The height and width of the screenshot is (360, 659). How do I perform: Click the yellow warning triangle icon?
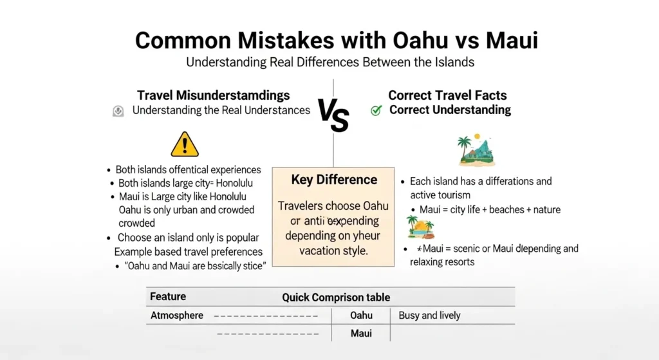[185, 144]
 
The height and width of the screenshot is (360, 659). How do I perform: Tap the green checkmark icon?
[376, 110]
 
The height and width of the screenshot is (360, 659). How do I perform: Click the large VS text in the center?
[333, 117]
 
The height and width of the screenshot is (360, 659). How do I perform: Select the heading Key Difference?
[334, 180]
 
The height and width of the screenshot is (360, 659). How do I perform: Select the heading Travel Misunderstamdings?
[214, 95]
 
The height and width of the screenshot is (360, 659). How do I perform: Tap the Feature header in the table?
[168, 297]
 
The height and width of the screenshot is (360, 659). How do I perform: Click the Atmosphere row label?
[177, 316]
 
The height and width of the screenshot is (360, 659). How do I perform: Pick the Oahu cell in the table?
[362, 316]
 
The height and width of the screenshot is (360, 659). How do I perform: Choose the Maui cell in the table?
[362, 334]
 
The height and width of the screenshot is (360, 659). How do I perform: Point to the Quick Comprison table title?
[336, 298]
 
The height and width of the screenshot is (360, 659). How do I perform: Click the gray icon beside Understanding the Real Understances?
[118, 111]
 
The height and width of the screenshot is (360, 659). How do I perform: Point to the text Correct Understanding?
[450, 110]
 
